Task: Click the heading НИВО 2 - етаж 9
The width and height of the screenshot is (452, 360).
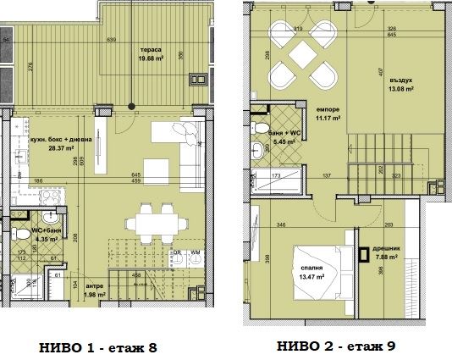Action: pos(336,346)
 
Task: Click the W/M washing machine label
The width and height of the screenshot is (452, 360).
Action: pos(194,252)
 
